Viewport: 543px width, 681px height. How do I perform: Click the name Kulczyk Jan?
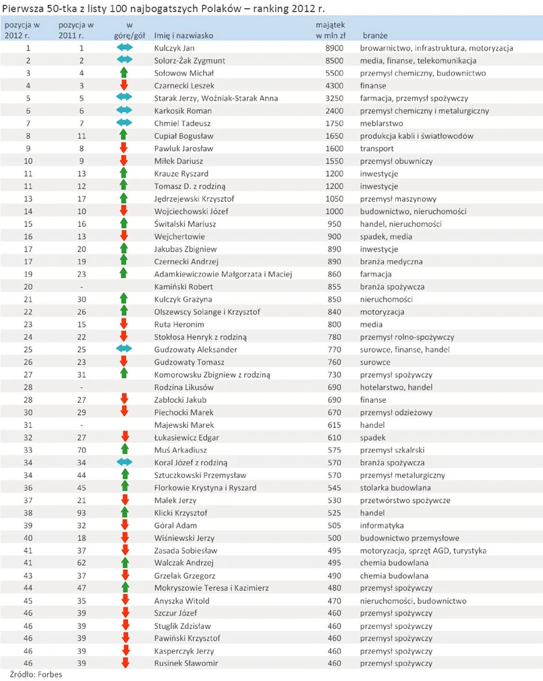click(x=174, y=48)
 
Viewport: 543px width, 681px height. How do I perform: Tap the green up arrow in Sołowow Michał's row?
click(x=124, y=73)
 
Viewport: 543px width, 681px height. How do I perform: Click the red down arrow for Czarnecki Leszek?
click(x=124, y=86)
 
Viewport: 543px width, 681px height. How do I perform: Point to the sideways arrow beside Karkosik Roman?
click(x=124, y=111)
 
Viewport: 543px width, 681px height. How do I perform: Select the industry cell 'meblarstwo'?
click(x=381, y=124)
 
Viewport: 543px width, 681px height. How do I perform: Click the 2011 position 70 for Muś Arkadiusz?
click(x=81, y=450)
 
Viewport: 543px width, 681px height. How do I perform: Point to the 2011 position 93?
click(x=81, y=513)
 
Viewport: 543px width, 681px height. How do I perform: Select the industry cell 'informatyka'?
click(x=382, y=525)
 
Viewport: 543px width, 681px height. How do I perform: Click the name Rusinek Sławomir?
click(x=182, y=663)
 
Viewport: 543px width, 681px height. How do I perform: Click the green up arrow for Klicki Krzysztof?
click(x=124, y=513)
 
